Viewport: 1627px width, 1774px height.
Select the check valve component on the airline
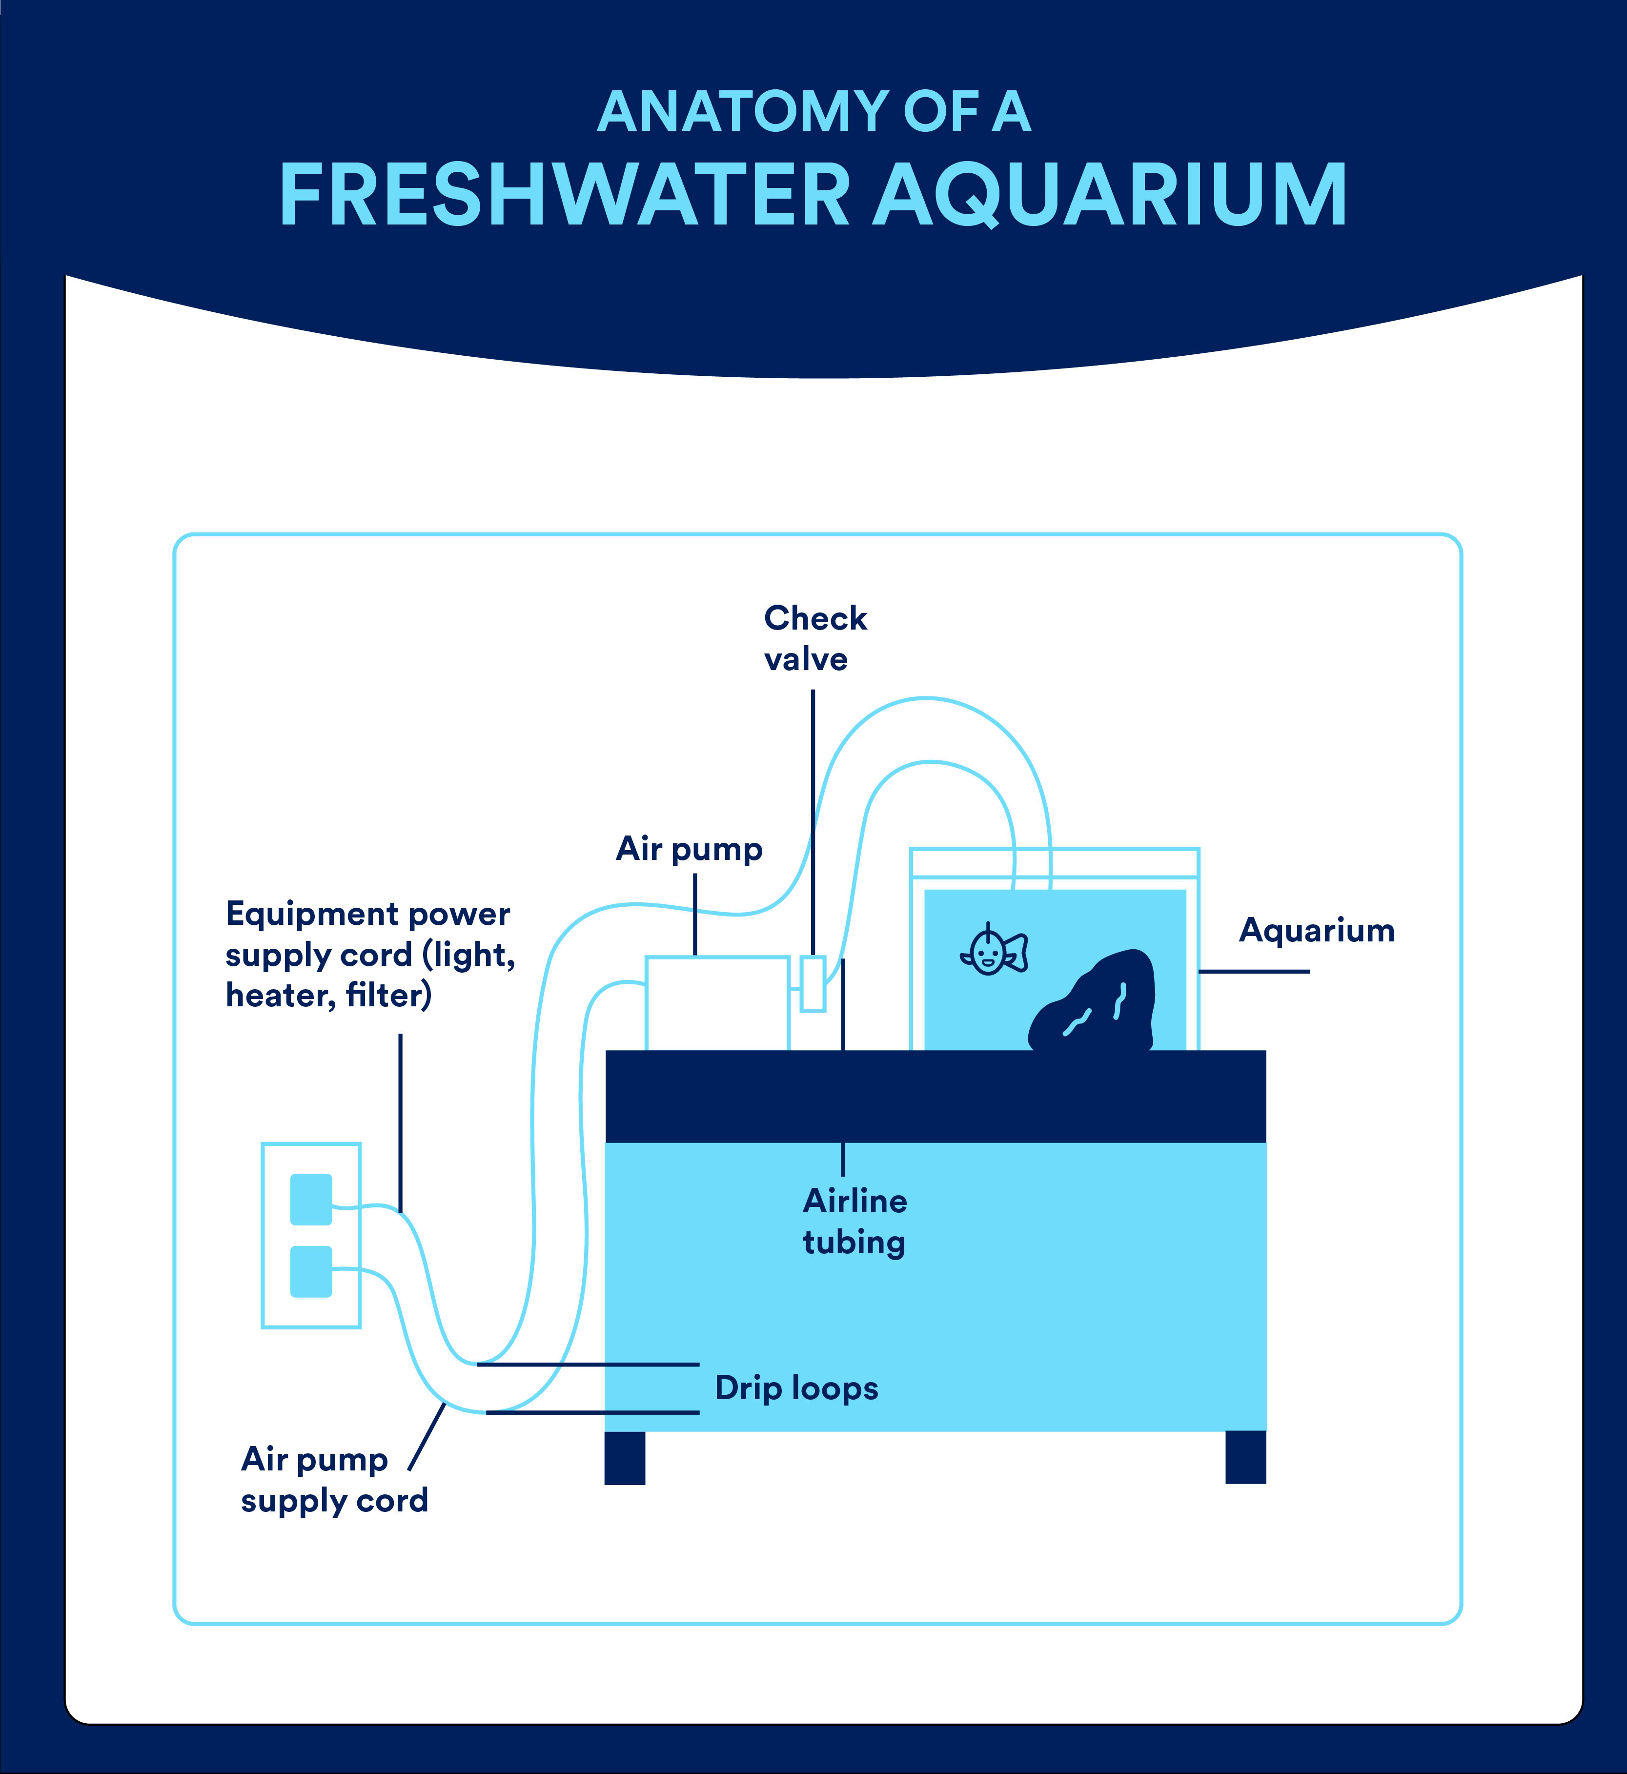(x=813, y=983)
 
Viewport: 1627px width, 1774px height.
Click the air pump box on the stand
(x=717, y=1003)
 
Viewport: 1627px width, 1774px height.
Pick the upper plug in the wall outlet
(x=311, y=1199)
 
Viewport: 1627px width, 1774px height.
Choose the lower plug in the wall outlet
(x=311, y=1271)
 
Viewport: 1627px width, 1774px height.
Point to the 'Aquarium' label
(x=1317, y=931)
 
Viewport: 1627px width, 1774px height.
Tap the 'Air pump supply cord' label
(x=335, y=1480)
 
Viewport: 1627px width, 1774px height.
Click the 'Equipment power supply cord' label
(x=370, y=955)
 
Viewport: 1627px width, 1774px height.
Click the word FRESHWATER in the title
(x=564, y=195)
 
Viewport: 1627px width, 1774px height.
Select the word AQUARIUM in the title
(x=1110, y=195)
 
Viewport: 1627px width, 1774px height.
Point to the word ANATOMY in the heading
(x=744, y=112)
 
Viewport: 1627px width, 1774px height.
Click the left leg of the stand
(x=625, y=1458)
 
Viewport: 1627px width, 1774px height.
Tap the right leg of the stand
(x=1246, y=1458)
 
